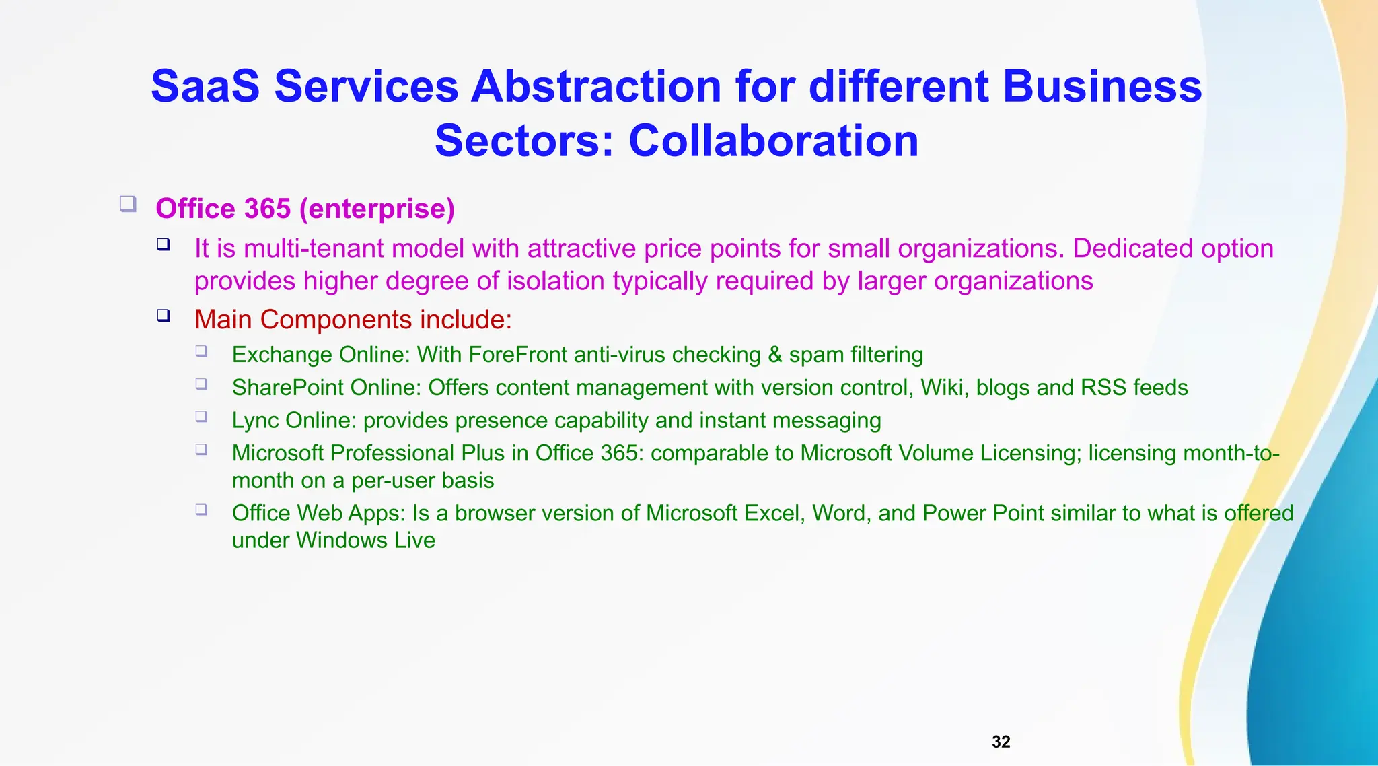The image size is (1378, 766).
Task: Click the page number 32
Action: tap(1001, 742)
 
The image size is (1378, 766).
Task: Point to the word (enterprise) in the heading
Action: tap(377, 209)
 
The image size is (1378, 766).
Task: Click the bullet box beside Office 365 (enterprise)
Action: tap(128, 203)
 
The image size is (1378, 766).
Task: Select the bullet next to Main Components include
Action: tap(164, 315)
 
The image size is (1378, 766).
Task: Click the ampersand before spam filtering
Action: tap(775, 355)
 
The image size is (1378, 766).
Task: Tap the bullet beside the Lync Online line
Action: tap(201, 416)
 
